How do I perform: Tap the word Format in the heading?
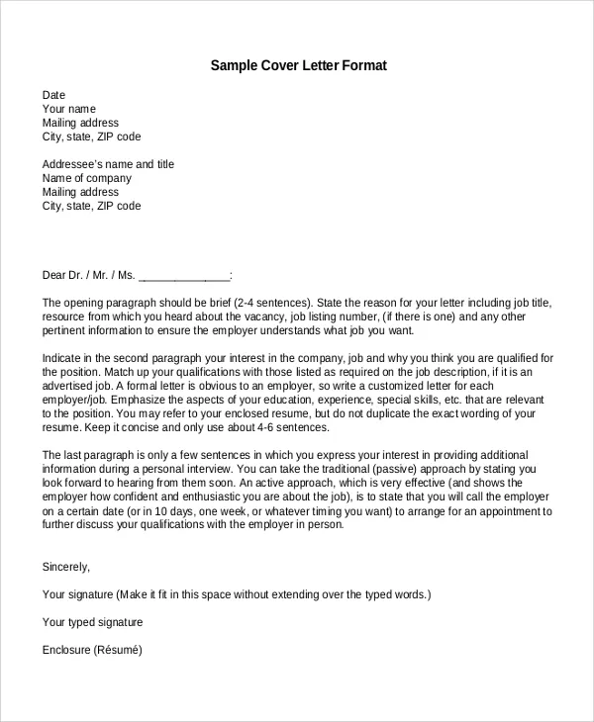tap(364, 66)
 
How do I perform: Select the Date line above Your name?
tap(53, 95)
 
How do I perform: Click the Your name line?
tap(69, 109)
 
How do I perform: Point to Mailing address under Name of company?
tap(80, 192)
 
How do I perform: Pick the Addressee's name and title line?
tap(108, 164)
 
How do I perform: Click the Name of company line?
tap(87, 178)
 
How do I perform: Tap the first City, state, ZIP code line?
tap(91, 136)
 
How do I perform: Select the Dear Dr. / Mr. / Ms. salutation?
tap(88, 275)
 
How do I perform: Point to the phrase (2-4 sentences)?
tap(272, 303)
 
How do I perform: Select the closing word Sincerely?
tap(66, 567)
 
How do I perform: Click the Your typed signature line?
tap(93, 622)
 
